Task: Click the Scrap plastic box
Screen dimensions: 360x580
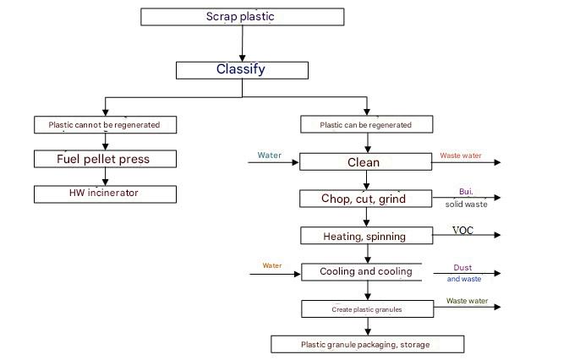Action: [x=241, y=17]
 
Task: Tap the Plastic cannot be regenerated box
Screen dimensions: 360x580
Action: [x=105, y=125]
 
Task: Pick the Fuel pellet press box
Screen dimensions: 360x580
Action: [x=105, y=159]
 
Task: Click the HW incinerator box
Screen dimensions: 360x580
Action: [x=105, y=194]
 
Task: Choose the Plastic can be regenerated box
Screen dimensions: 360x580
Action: [x=366, y=125]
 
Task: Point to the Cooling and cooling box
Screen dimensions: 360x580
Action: [x=366, y=271]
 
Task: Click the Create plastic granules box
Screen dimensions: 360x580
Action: [x=366, y=309]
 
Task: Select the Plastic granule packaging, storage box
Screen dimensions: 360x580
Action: [x=367, y=344]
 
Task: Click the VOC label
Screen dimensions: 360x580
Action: [x=463, y=230]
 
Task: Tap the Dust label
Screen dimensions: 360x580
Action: [x=462, y=267]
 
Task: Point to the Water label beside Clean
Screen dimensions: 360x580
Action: [x=271, y=155]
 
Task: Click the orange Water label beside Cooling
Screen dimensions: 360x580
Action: [x=272, y=265]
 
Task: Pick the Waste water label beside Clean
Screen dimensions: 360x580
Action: [x=461, y=155]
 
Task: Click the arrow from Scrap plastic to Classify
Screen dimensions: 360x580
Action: [x=242, y=43]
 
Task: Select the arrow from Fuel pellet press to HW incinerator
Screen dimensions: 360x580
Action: [x=105, y=176]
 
